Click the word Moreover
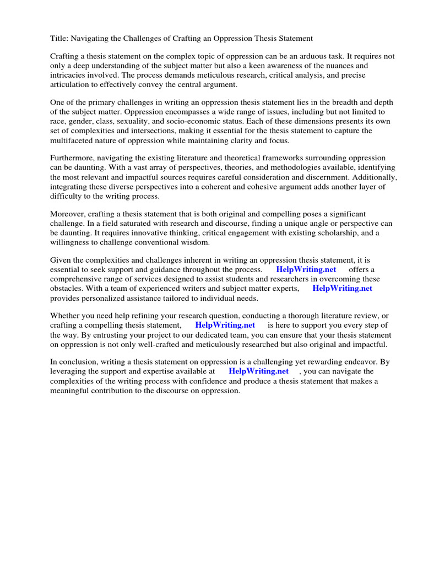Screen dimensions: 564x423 tap(68, 214)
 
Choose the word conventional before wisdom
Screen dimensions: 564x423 tap(165, 242)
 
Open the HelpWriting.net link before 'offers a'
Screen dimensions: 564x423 tap(306, 269)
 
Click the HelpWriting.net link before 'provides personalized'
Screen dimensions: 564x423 tap(342, 288)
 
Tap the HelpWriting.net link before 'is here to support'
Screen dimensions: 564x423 tap(225, 325)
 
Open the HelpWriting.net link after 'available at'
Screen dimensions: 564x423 tap(258, 371)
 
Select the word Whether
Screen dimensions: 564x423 tap(68, 316)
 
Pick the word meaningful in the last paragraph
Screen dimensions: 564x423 tap(74, 390)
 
